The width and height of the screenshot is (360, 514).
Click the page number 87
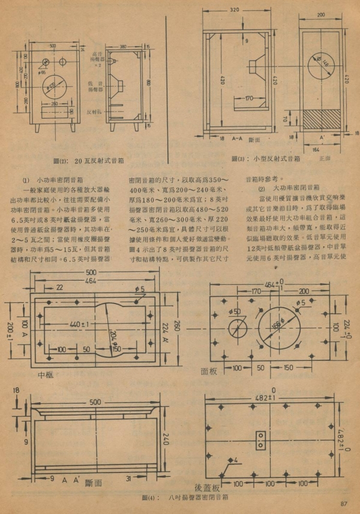[x=343, y=503]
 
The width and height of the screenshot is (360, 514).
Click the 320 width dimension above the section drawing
[x=234, y=10]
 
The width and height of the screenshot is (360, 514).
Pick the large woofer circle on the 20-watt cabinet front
[x=55, y=88]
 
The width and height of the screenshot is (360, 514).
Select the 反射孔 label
[x=92, y=112]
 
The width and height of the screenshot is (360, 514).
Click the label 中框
[x=46, y=375]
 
